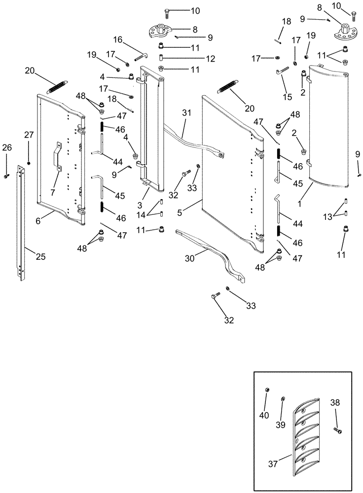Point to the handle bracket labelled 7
(57, 158)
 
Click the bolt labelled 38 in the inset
(338, 431)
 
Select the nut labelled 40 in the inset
(267, 390)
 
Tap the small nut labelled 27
(29, 163)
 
